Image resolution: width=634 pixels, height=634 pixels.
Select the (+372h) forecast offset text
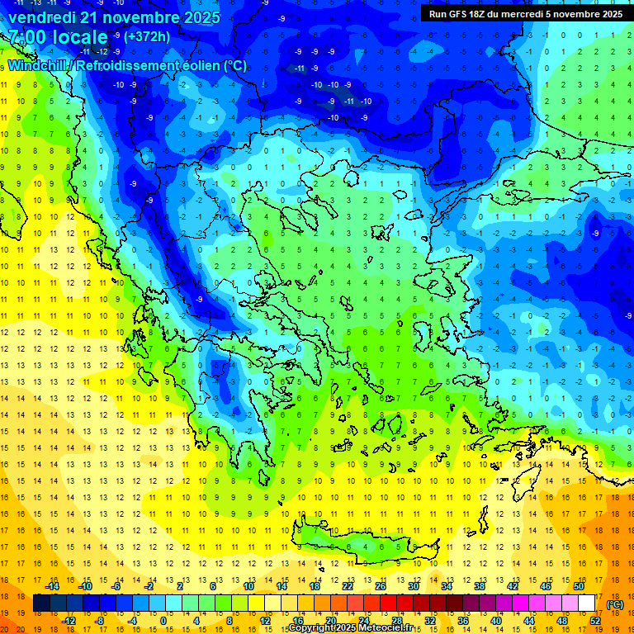148,36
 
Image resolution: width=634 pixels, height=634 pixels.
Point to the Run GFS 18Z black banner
525,13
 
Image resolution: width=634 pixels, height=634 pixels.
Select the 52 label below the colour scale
595,620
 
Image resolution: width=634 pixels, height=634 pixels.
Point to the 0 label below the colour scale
163,620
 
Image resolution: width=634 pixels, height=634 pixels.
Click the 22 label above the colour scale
348,586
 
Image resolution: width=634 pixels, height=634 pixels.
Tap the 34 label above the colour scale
447,586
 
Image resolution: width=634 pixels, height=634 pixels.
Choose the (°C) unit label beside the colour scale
615,603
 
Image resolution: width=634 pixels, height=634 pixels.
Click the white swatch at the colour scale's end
587,603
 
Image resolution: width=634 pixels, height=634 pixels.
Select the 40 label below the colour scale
496,620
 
